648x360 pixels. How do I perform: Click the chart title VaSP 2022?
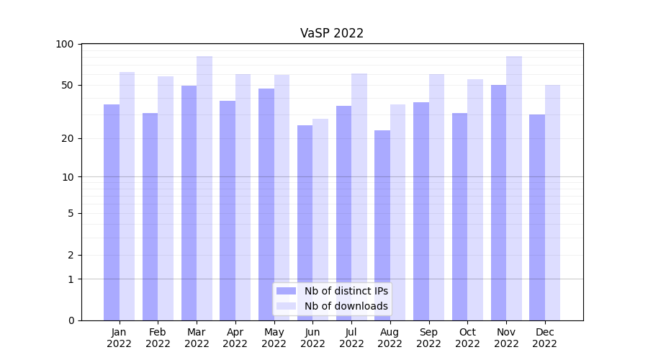tap(332, 33)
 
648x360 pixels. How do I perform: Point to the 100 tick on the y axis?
tap(65, 44)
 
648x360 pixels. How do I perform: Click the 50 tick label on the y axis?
tap(68, 85)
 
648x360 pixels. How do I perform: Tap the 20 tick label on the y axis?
tap(68, 138)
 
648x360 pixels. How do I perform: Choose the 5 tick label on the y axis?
tap(71, 213)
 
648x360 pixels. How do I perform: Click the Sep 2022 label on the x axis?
tap(428, 338)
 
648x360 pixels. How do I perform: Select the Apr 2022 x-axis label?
tap(235, 338)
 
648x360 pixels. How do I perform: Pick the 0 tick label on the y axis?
tap(71, 320)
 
